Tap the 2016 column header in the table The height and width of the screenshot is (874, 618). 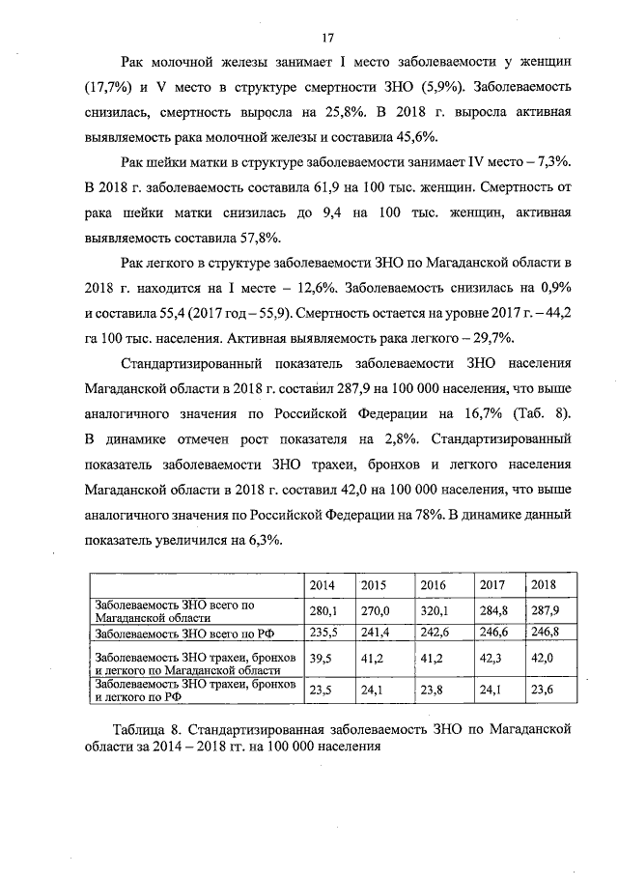click(x=433, y=585)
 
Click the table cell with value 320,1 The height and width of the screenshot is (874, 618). click(x=435, y=610)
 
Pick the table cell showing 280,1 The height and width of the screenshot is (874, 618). click(x=323, y=610)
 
